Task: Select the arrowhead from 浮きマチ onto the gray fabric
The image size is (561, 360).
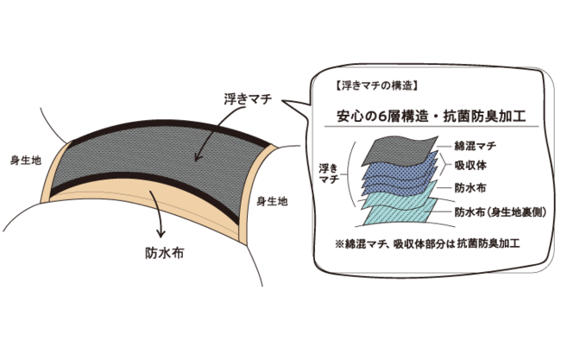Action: pyautogui.click(x=198, y=159)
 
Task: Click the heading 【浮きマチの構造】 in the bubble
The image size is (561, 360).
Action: pyautogui.click(x=375, y=86)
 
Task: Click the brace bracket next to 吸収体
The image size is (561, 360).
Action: pyautogui.click(x=443, y=165)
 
